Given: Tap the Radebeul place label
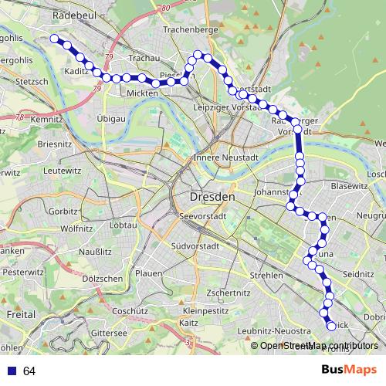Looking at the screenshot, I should (x=73, y=15).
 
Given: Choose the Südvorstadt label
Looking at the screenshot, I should (x=194, y=247).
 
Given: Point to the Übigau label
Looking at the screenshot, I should (x=113, y=118).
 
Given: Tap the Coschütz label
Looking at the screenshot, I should (x=129, y=310).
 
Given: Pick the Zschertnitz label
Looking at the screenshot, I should (x=226, y=293).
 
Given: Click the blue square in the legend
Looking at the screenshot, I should (x=12, y=371).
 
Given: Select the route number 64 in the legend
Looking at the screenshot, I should (x=29, y=371).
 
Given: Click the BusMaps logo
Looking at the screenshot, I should (x=349, y=371).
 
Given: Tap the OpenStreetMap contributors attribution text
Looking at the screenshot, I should (x=318, y=346).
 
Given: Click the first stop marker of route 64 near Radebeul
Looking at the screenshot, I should (x=55, y=38).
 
